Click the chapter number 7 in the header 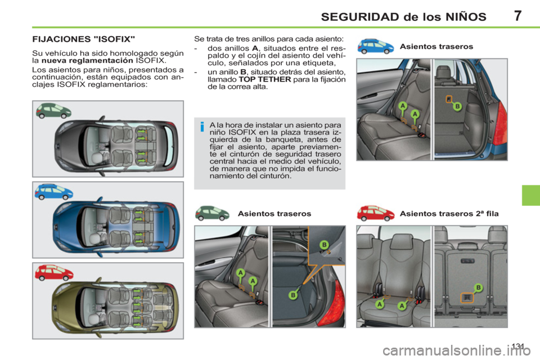[x=516, y=15]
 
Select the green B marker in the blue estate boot [x=457, y=106]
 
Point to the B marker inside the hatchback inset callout [x=324, y=244]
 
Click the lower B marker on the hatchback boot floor [x=294, y=295]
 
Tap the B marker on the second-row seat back [x=478, y=287]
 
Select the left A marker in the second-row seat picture [x=380, y=304]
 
